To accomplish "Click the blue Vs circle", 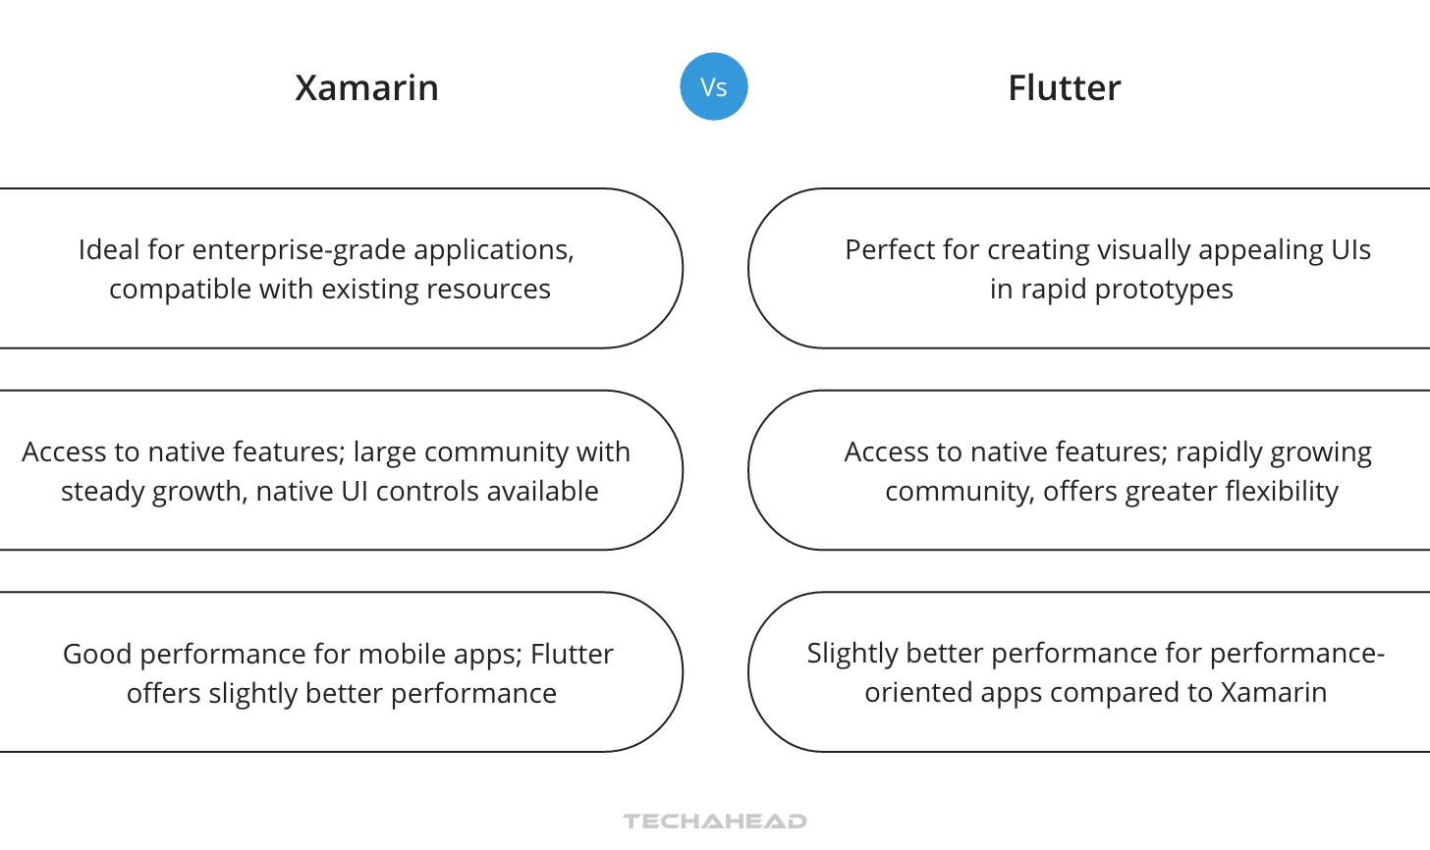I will point(714,86).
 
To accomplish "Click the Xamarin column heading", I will point(366,88).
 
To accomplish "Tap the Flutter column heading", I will point(1064,88).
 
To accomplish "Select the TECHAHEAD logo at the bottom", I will point(714,821).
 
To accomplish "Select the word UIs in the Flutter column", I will point(1350,250).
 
